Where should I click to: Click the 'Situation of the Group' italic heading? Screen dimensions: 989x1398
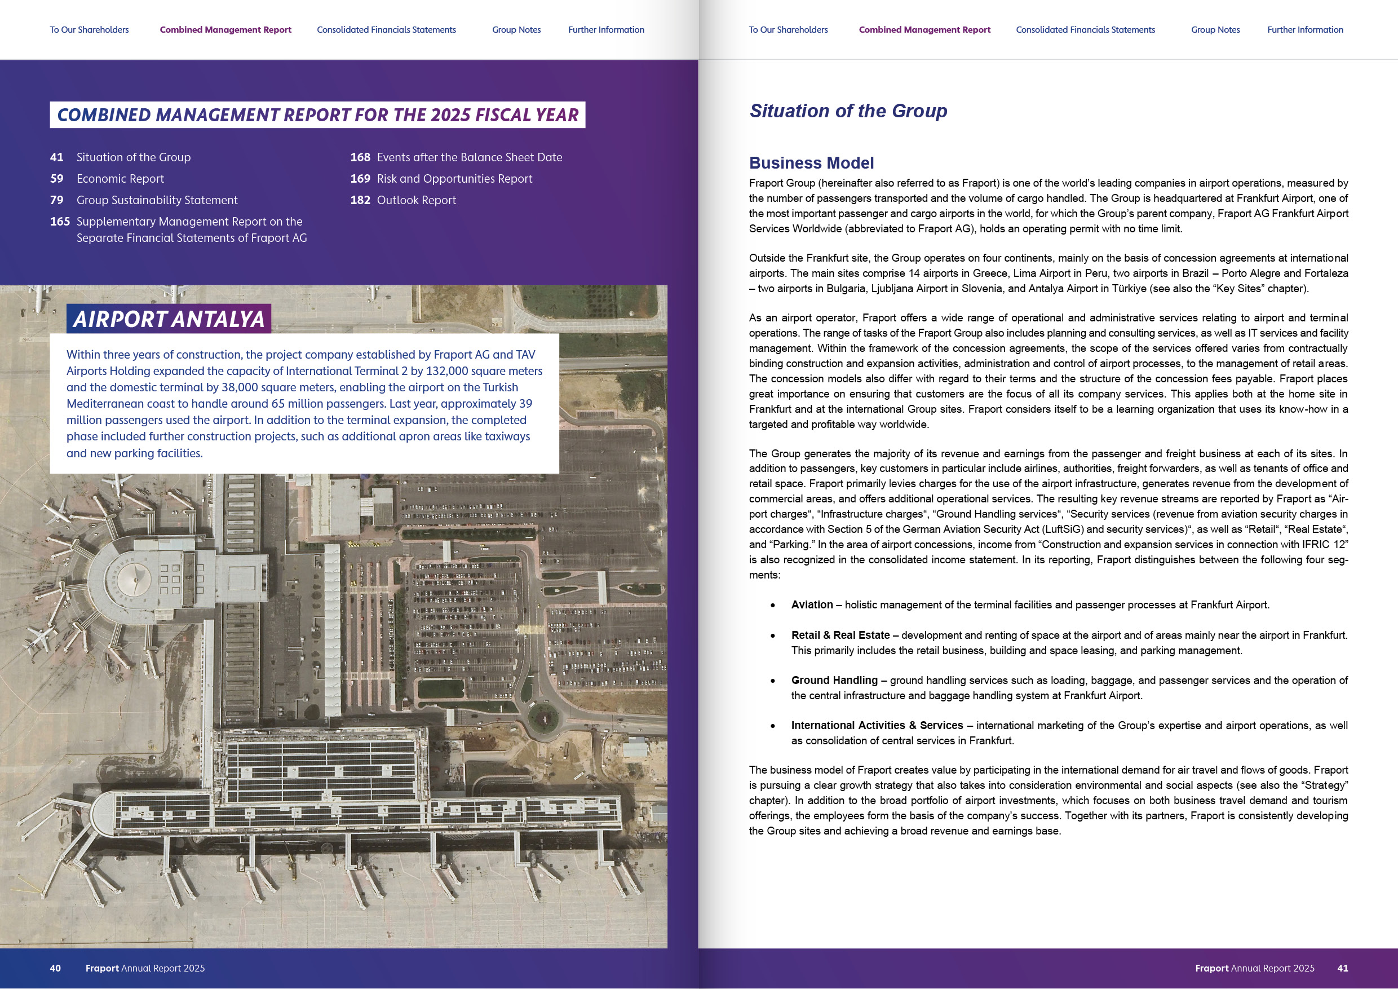click(848, 111)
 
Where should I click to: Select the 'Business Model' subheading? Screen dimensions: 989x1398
click(811, 162)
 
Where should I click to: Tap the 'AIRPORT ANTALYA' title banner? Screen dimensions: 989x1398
click(169, 319)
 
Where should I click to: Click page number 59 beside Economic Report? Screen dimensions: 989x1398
click(56, 178)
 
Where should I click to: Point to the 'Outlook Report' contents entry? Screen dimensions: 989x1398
click(416, 200)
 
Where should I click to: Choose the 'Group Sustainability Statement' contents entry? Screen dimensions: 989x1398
click(157, 200)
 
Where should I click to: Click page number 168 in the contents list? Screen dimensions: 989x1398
click(360, 157)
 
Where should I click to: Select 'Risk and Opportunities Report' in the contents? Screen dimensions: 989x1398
click(454, 178)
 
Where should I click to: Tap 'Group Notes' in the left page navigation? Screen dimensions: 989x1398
click(516, 29)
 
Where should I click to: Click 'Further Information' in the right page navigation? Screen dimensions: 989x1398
click(1305, 29)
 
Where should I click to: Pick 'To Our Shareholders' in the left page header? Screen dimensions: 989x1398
click(89, 29)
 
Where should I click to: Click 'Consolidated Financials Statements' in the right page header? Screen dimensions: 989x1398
click(1085, 29)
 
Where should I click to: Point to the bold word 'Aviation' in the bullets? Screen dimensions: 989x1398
click(812, 604)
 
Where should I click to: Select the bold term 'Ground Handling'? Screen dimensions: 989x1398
click(834, 680)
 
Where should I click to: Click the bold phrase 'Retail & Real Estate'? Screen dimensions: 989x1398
click(840, 635)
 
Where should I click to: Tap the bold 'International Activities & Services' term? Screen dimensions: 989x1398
click(877, 725)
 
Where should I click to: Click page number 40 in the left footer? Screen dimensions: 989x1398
click(55, 968)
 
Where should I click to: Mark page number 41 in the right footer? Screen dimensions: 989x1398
click(1343, 968)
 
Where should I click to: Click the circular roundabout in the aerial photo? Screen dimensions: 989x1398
click(544, 717)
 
